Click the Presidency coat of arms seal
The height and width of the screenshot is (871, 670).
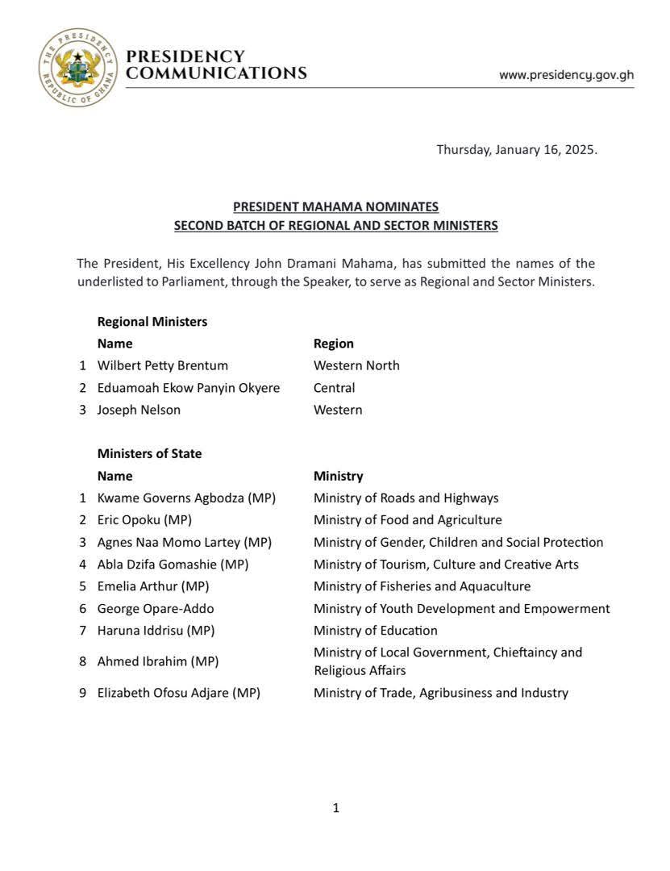pyautogui.click(x=78, y=67)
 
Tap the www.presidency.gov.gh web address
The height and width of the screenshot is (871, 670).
pyautogui.click(x=566, y=75)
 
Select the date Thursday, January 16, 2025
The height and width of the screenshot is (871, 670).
pyautogui.click(x=517, y=149)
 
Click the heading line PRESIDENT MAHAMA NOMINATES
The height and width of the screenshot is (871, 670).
pyautogui.click(x=335, y=207)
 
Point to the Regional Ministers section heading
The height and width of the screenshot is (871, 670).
pyautogui.click(x=152, y=321)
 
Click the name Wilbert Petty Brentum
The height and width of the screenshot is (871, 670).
pyautogui.click(x=163, y=365)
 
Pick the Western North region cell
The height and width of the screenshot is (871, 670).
pyautogui.click(x=356, y=365)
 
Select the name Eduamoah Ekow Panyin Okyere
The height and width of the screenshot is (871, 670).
pyautogui.click(x=189, y=388)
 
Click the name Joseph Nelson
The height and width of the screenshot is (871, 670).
pyautogui.click(x=139, y=410)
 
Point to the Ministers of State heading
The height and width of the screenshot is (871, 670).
pyautogui.click(x=150, y=453)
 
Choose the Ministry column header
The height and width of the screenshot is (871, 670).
pyautogui.click(x=339, y=476)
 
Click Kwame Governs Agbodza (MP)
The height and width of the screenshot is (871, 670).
pyautogui.click(x=186, y=498)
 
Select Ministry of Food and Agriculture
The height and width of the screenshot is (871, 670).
pyautogui.click(x=408, y=520)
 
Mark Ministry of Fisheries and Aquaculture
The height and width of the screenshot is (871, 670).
pyautogui.click(x=422, y=586)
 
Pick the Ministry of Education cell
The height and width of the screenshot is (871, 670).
pyautogui.click(x=376, y=631)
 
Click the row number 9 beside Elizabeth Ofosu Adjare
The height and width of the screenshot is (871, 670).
pyautogui.click(x=82, y=693)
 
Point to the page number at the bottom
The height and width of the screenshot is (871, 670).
pyautogui.click(x=335, y=808)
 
